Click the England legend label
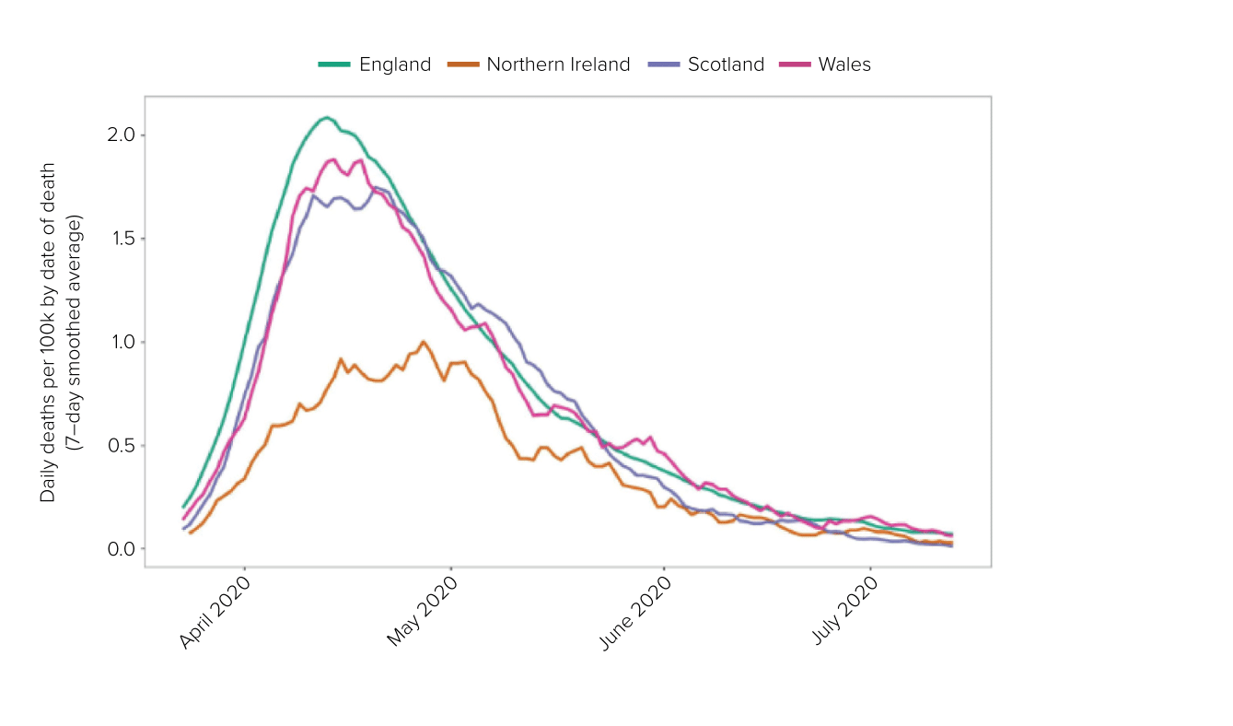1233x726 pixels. tap(395, 64)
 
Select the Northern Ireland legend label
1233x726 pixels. tap(558, 64)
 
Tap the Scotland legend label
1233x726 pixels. tap(726, 64)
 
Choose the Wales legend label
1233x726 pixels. tap(844, 64)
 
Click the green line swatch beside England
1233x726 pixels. tap(334, 64)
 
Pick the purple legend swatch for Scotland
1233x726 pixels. tap(664, 64)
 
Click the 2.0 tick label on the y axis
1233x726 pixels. tap(120, 135)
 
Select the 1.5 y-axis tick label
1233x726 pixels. tap(120, 239)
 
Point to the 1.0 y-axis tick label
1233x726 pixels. tap(120, 342)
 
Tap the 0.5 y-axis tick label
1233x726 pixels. tap(120, 446)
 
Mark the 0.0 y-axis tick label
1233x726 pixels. tap(120, 549)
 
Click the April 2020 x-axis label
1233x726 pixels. tap(215, 612)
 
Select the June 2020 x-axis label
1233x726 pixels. tap(634, 612)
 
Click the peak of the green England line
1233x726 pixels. tap(326, 117)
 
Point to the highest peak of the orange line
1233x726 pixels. tap(424, 342)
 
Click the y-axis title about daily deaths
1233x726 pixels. tap(61, 333)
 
